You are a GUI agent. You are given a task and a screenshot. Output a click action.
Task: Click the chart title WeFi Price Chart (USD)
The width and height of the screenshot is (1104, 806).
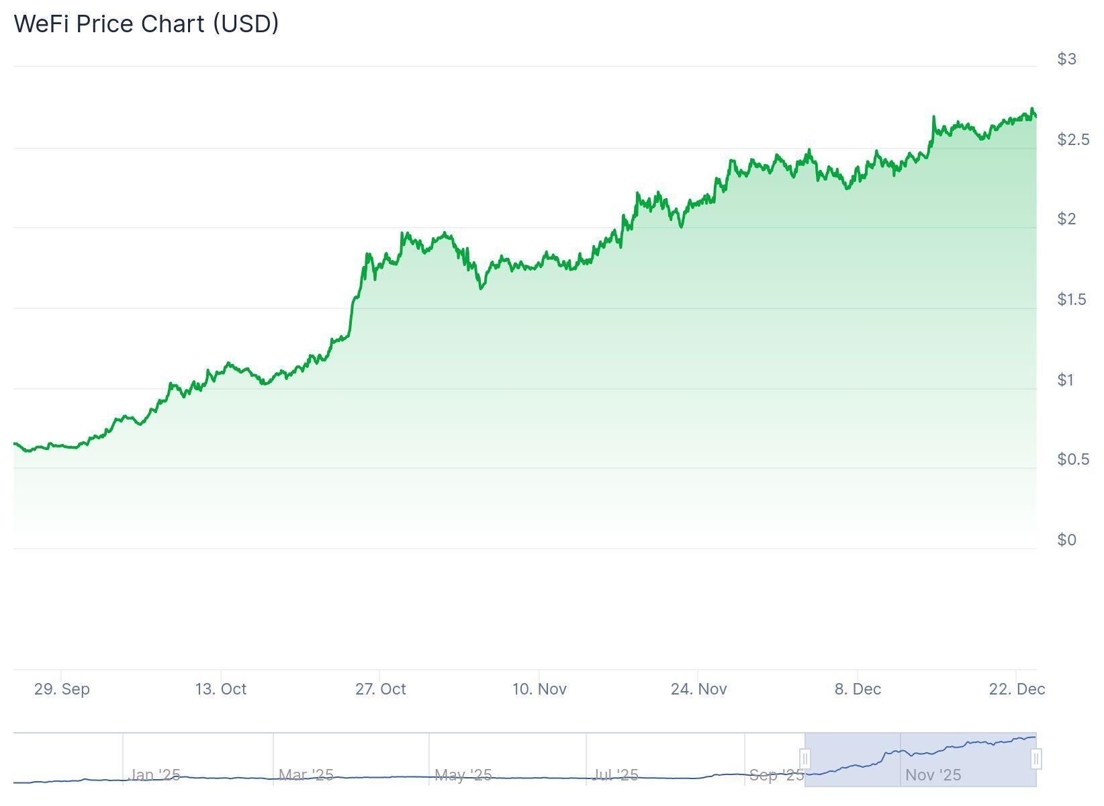(x=146, y=24)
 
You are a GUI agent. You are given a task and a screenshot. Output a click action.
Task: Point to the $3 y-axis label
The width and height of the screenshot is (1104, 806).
(x=1066, y=59)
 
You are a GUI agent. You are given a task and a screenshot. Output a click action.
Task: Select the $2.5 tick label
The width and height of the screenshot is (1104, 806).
(x=1072, y=140)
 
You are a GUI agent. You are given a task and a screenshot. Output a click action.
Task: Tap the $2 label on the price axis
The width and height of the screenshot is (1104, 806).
(x=1066, y=219)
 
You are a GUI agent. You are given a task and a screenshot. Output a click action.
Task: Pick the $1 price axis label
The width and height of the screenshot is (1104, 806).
(x=1066, y=380)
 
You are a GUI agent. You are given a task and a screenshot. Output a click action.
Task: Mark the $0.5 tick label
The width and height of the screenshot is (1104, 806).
(x=1072, y=459)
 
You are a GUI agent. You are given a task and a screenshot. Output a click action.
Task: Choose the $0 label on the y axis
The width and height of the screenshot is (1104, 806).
(x=1066, y=540)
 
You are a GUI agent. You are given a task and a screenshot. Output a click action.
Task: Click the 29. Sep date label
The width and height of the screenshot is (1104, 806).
(x=62, y=689)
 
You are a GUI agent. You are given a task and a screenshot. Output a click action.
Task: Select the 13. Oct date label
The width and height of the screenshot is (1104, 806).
(x=221, y=689)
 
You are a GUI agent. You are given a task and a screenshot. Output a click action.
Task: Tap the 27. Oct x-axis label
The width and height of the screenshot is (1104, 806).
(x=380, y=689)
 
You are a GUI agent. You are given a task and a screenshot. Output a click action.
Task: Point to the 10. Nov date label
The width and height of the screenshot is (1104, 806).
(x=539, y=689)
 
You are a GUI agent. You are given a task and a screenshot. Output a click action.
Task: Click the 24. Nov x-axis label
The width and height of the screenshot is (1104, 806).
(x=698, y=689)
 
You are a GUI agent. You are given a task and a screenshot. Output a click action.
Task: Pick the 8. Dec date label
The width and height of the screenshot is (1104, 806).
(x=858, y=689)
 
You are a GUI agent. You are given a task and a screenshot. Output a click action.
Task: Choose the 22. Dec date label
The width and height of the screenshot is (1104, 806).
(x=1017, y=689)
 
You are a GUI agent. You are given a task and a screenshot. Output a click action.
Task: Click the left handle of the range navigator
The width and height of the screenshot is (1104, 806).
(x=804, y=760)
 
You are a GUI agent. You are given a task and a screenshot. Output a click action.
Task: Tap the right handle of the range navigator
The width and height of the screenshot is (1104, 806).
(x=1036, y=760)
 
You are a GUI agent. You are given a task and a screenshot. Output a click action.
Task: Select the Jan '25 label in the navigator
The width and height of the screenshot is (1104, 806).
(x=154, y=775)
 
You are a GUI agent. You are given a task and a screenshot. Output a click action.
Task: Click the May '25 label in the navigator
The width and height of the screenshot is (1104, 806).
(x=463, y=775)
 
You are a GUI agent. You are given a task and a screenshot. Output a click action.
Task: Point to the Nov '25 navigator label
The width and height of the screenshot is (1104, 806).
(x=933, y=775)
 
